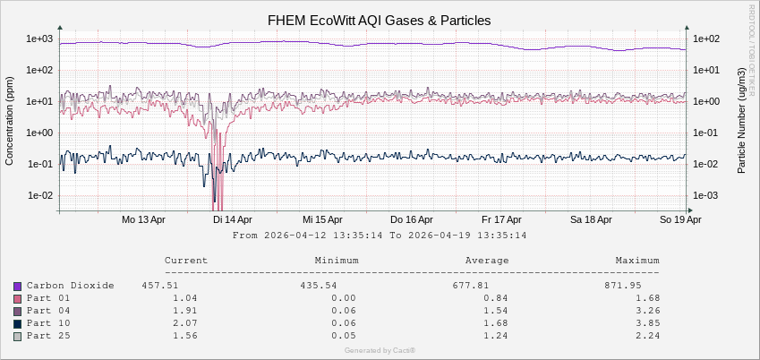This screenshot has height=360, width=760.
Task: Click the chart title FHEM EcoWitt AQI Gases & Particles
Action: pos(380,20)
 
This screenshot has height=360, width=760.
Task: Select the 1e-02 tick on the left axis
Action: pos(41,195)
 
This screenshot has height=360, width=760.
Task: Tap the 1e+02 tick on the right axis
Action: pos(707,39)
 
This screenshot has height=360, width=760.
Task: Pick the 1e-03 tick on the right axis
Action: pos(707,195)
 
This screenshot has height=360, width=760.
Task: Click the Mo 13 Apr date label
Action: pos(143,219)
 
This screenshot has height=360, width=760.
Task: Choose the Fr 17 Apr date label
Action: pos(501,219)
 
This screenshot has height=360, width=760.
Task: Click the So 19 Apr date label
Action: pos(680,219)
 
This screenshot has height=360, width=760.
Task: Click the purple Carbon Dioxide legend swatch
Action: pos(17,286)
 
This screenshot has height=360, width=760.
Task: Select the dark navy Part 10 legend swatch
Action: pos(17,323)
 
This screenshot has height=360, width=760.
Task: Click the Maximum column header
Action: pos(637,261)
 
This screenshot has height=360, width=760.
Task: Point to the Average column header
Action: pos(487,261)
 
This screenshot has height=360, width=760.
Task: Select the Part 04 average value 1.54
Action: pos(494,310)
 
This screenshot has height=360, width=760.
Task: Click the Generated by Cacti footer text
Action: pos(380,350)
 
